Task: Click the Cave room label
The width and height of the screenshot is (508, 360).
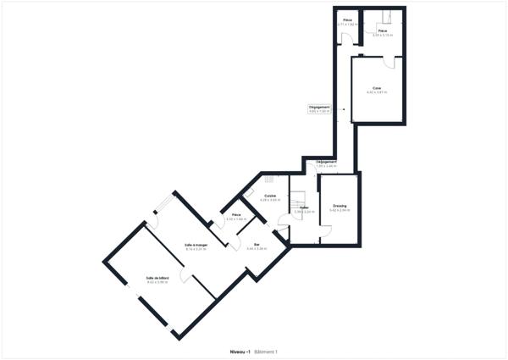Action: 376,87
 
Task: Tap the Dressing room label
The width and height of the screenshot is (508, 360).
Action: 340,205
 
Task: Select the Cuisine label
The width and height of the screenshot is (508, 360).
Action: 270,196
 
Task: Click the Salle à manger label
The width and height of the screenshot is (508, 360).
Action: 196,245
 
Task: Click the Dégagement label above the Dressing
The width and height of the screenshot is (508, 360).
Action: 327,162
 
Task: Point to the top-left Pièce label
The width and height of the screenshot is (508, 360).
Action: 346,20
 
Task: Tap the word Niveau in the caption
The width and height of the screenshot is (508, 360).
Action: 239,352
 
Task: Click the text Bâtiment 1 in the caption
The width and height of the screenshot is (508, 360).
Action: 267,352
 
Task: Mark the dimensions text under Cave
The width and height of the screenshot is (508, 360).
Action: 376,91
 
